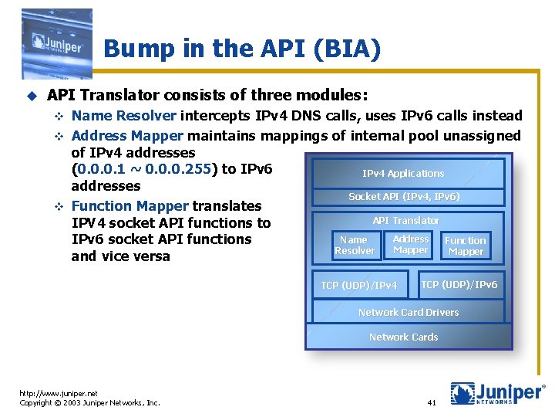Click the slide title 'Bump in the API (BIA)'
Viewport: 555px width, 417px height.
pyautogui.click(x=242, y=49)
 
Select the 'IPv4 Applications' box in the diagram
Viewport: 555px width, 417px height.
pyautogui.click(x=403, y=174)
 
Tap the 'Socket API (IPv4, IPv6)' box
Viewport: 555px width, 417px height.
pyautogui.click(x=404, y=197)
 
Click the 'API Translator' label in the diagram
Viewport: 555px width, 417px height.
pyautogui.click(x=405, y=221)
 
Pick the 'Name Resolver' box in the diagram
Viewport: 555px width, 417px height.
pyautogui.click(x=354, y=246)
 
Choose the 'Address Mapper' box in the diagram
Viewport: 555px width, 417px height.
pyautogui.click(x=410, y=245)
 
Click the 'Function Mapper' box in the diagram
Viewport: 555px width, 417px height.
pyautogui.click(x=466, y=246)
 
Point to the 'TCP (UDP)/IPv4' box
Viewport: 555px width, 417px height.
pyautogui.click(x=359, y=286)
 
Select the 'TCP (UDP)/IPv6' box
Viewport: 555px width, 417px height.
pyautogui.click(x=459, y=285)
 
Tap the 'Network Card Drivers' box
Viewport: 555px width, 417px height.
pyautogui.click(x=408, y=313)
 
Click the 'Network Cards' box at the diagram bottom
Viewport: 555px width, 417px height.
pyautogui.click(x=403, y=337)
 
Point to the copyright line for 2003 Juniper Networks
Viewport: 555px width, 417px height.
pyautogui.click(x=89, y=403)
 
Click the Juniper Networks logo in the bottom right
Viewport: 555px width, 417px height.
pyautogui.click(x=497, y=393)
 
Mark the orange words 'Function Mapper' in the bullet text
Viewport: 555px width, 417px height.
pyautogui.click(x=129, y=206)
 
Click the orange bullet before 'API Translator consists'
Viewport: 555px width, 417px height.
pyautogui.click(x=32, y=96)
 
